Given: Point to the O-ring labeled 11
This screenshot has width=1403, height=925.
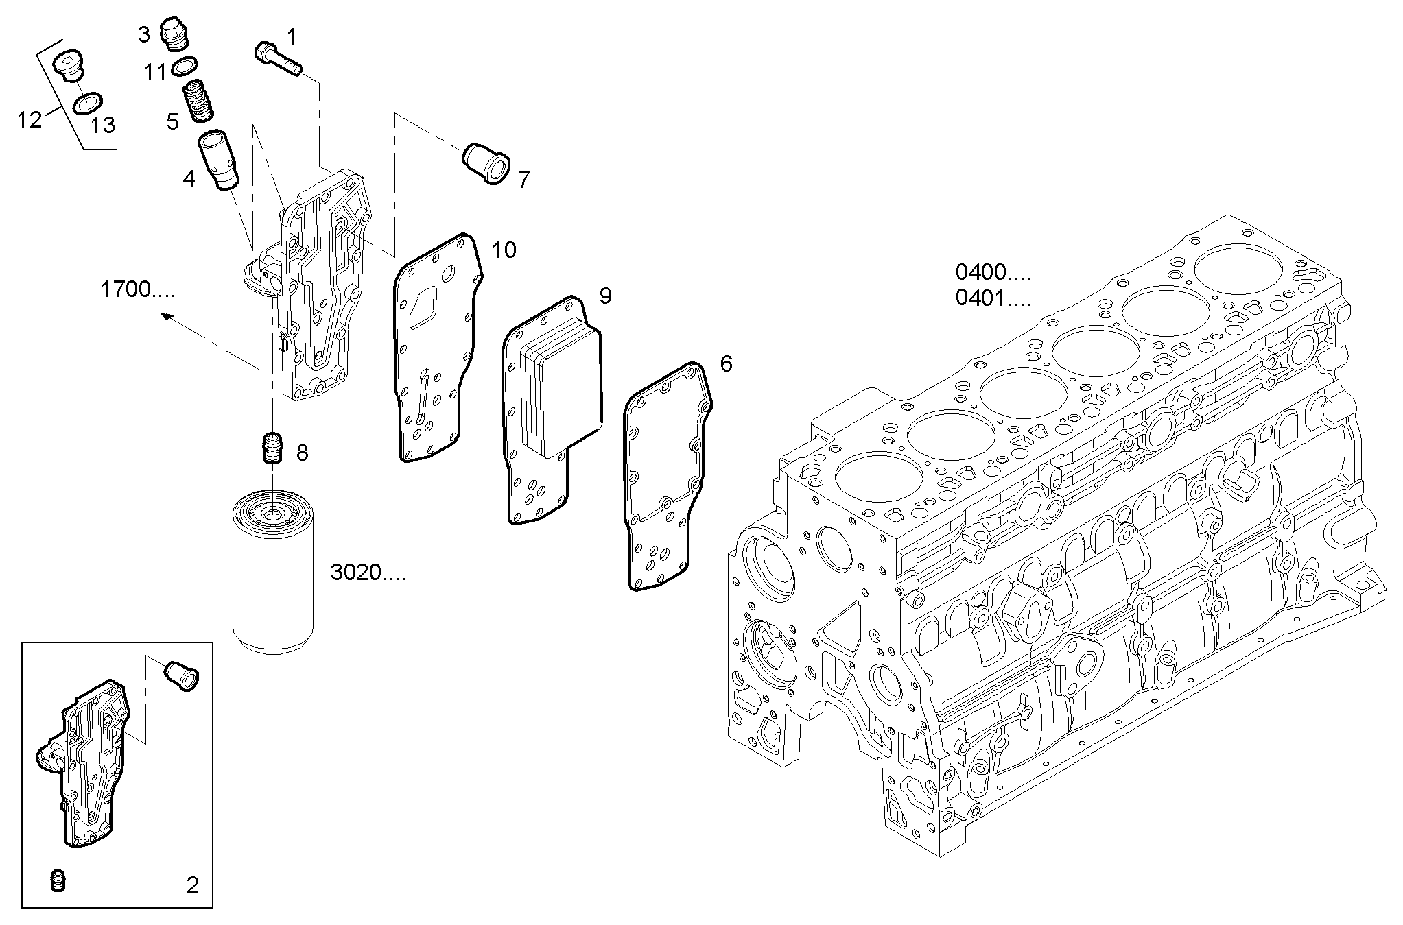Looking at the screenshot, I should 185,67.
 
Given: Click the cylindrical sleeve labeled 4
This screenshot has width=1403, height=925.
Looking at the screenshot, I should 219,161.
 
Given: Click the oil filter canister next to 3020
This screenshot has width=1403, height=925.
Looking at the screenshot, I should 273,572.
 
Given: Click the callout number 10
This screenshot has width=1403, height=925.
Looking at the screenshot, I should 504,250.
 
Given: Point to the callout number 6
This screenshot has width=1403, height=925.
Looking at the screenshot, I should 726,363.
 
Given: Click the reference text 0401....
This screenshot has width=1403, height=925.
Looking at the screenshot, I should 992,299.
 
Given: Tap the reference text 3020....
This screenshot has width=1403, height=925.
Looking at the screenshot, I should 368,573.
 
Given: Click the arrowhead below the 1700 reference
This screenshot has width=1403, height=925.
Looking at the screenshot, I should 165,316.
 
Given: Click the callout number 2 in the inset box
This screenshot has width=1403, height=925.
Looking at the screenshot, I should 193,885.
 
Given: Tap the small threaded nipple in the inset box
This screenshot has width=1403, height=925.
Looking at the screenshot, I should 58,880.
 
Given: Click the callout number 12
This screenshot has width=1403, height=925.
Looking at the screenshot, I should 30,121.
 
